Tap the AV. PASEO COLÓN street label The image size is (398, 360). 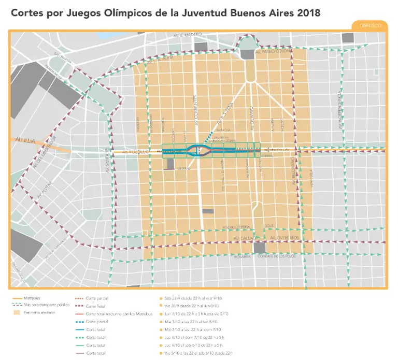click(x=274, y=52)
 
